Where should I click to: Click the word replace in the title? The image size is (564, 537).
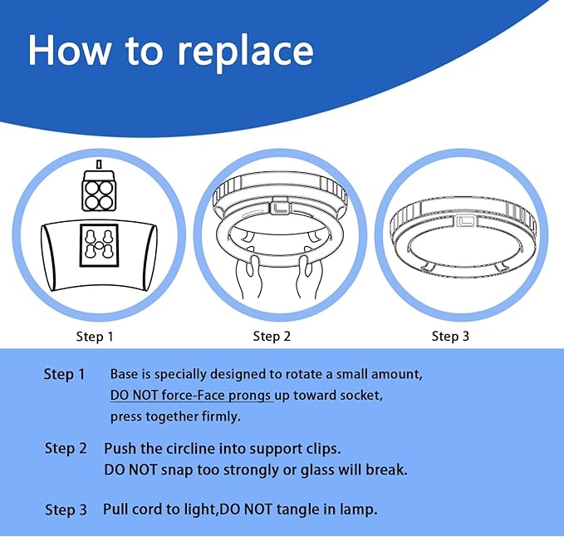point(245,52)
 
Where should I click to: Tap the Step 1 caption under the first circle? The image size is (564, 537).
point(95,337)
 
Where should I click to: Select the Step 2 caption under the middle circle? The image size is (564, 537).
point(272,336)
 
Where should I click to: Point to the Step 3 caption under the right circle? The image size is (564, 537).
point(450,336)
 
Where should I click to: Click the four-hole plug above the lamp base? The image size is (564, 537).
point(99,192)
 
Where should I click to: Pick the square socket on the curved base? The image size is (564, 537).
point(99,245)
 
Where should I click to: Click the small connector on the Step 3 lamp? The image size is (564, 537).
point(463,220)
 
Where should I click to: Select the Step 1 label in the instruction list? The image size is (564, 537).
point(64,375)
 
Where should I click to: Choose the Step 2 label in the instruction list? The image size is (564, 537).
point(66,449)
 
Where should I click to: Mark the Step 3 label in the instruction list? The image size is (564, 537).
point(66,510)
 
